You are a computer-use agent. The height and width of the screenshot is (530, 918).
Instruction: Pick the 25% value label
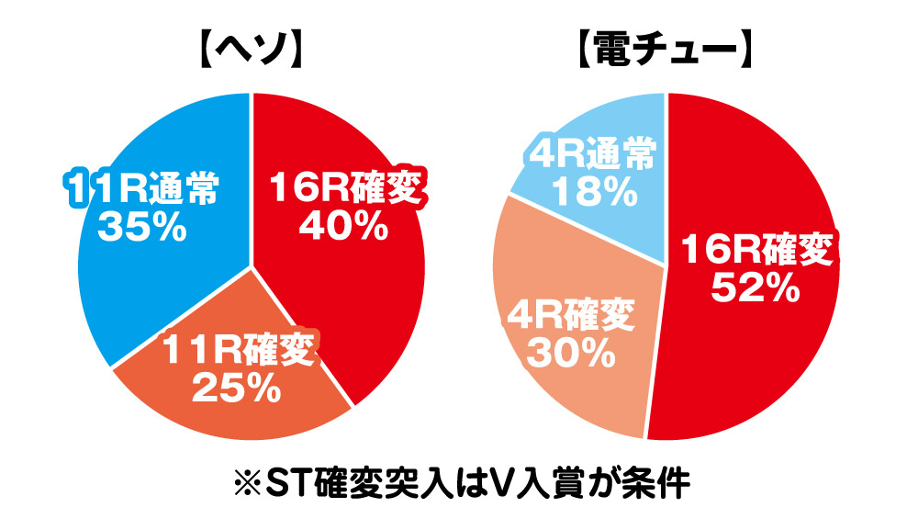point(237,388)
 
